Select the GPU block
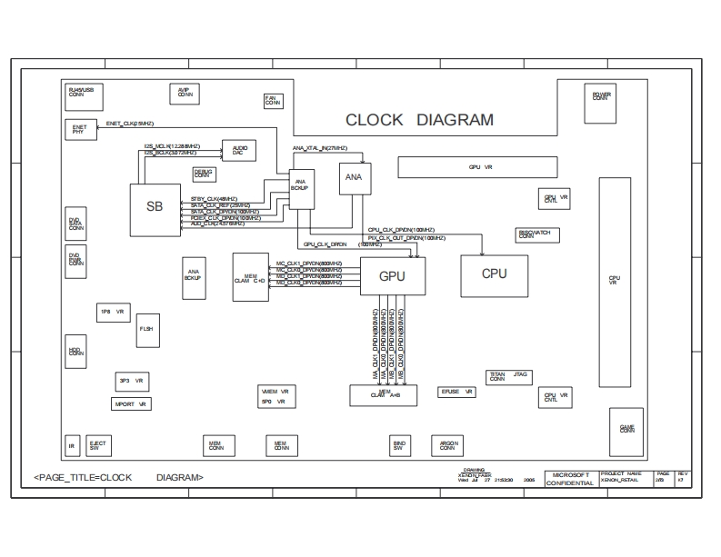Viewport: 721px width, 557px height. tap(393, 276)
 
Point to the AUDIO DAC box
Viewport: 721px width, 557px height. tap(238, 151)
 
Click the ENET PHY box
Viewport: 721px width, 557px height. tap(79, 130)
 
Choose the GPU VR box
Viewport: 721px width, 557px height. tap(479, 167)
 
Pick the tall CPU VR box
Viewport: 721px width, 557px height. tap(615, 282)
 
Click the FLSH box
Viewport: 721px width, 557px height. tap(146, 330)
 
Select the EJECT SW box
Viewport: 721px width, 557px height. tap(97, 445)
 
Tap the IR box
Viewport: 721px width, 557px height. tap(73, 445)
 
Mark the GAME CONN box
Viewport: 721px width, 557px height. tap(627, 428)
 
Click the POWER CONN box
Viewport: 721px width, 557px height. tap(601, 95)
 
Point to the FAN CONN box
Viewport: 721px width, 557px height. tap(271, 101)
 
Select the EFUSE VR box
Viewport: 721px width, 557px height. tap(456, 393)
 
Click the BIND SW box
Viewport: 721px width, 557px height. tap(398, 445)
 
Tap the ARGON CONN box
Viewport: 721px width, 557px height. tap(447, 445)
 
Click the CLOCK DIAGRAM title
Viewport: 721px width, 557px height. tap(419, 120)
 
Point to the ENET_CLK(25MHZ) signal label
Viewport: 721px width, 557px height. tap(130, 123)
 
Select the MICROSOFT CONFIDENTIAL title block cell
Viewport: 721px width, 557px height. tap(570, 478)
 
